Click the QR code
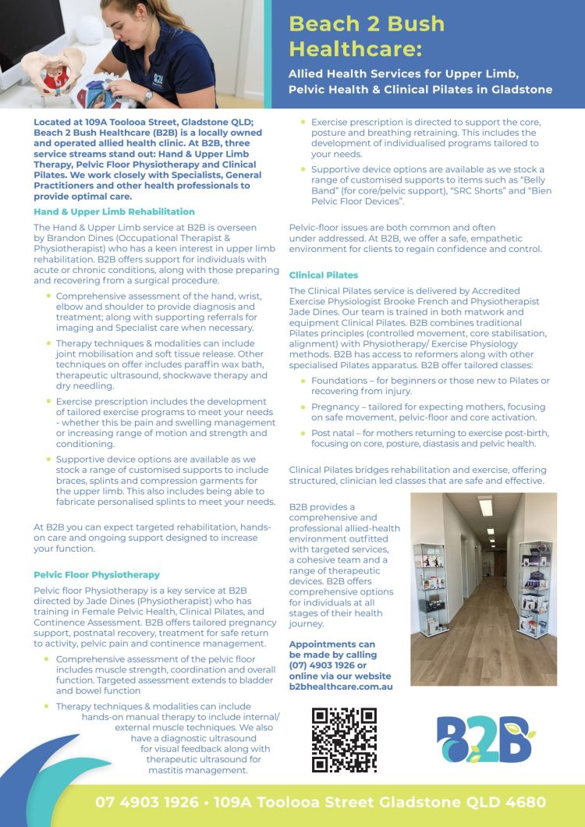point(344,740)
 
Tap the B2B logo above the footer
point(484,740)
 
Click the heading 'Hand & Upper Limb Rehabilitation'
point(114,211)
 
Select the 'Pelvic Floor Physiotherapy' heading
point(97,574)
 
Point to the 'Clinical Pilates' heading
point(324,275)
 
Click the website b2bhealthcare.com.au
point(341,687)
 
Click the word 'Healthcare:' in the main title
point(355,49)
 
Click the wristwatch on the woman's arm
point(147,98)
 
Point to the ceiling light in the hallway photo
point(485,506)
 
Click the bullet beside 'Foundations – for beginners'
point(304,381)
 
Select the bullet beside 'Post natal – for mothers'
point(304,433)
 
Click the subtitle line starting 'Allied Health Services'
point(403,73)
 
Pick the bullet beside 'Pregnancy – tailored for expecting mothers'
point(304,407)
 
